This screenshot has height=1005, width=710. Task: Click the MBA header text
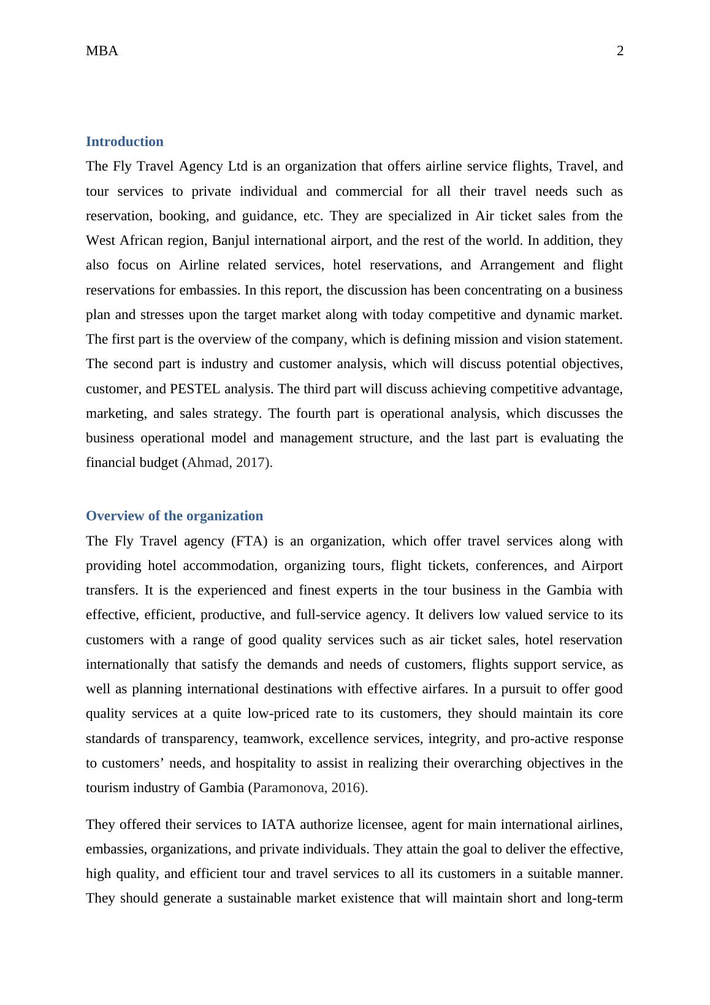102,52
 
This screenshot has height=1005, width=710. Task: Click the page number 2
620,52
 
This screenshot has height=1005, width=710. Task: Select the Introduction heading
124,142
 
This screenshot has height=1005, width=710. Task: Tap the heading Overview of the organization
174,516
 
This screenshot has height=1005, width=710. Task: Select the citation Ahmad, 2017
227,463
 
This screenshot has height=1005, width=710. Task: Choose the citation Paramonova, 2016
308,788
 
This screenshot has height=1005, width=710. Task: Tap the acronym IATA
278,825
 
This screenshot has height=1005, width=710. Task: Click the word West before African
101,241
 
